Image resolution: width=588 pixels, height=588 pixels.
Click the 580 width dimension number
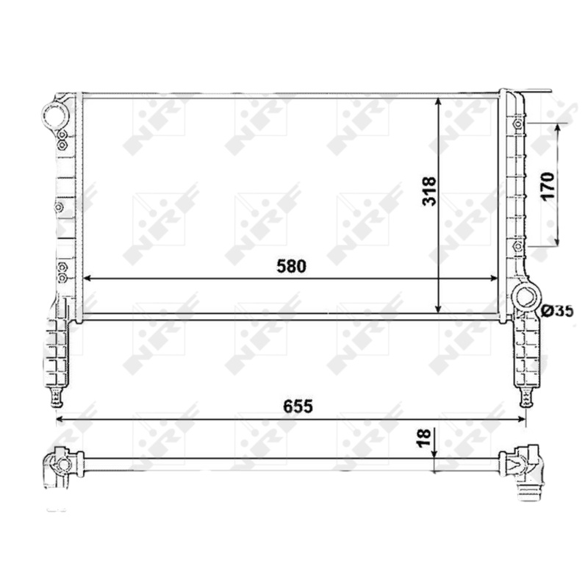291,266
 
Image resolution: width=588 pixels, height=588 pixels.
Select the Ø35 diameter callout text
556,311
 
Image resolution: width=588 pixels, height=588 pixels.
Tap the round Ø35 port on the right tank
526,298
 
